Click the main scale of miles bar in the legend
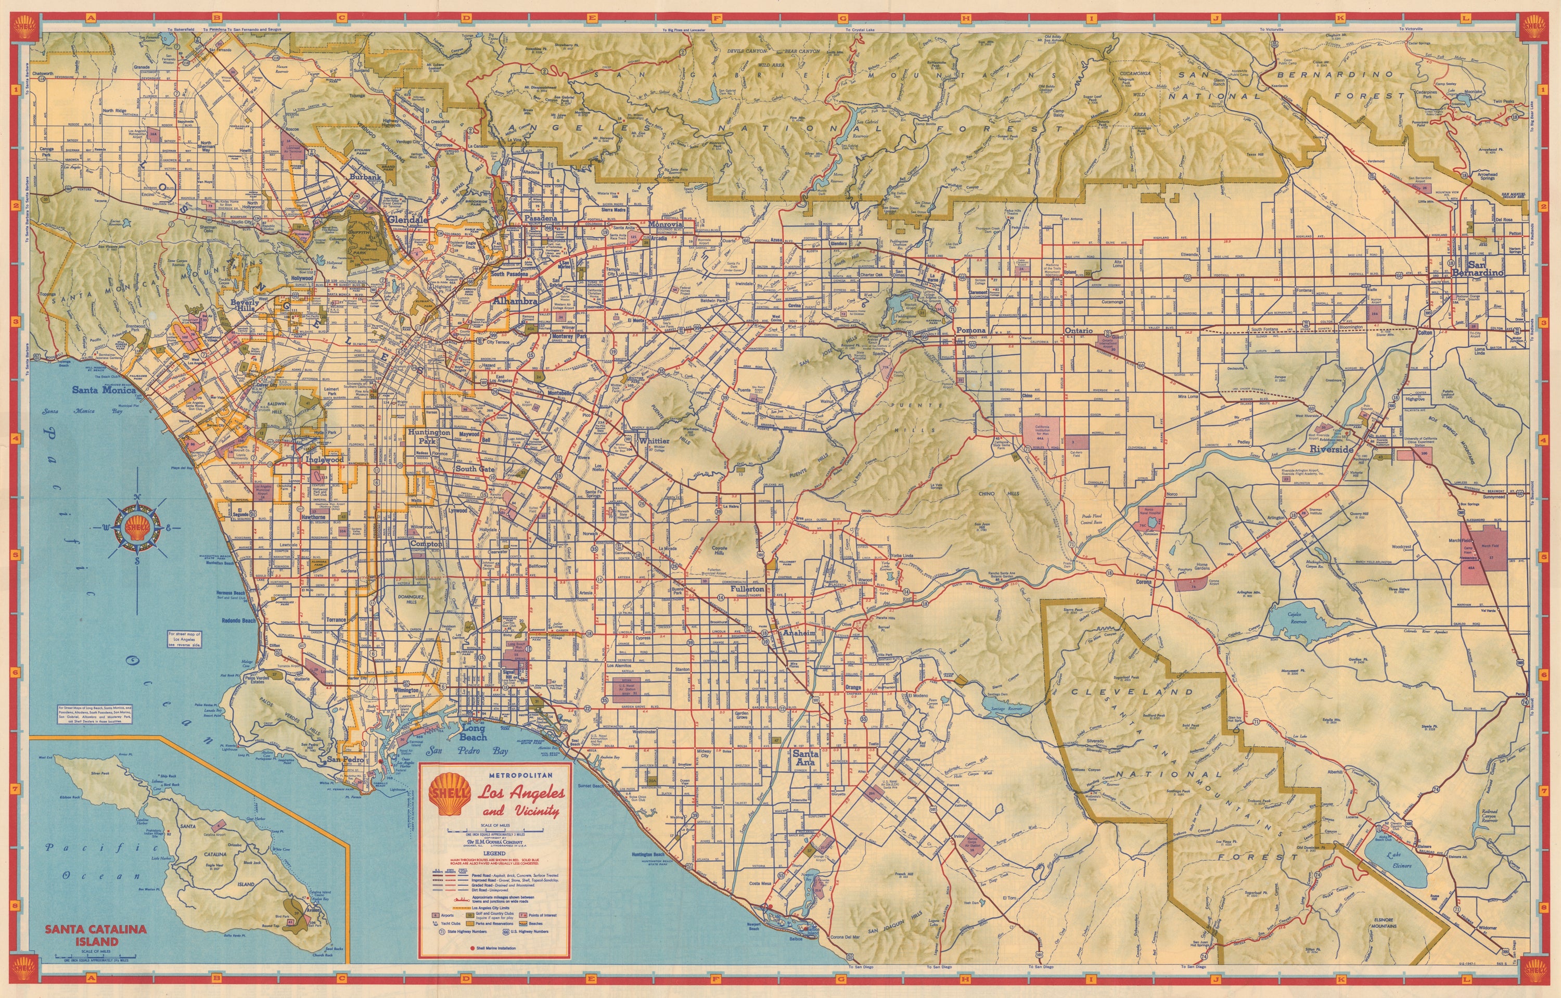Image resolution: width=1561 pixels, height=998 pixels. [x=496, y=830]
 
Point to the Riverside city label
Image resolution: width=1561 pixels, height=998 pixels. [x=1332, y=449]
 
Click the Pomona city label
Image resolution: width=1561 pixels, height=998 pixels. [x=971, y=330]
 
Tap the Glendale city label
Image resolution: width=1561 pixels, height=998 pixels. [x=408, y=220]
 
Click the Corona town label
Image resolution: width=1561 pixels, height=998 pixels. [x=1144, y=582]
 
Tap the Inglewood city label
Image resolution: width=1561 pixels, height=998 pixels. [x=324, y=459]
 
